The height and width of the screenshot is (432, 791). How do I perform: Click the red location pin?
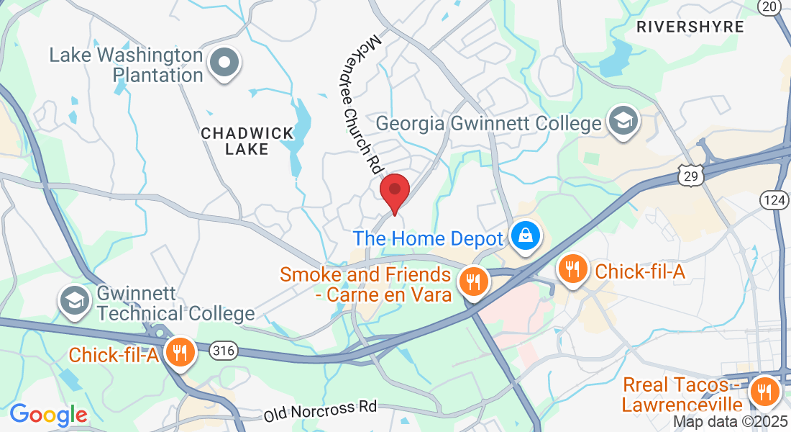click(x=394, y=192)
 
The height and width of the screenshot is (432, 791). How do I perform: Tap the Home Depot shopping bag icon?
click(x=526, y=235)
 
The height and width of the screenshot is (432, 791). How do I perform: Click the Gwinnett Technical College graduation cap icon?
click(x=75, y=301)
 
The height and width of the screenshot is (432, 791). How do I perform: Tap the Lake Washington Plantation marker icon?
click(x=224, y=63)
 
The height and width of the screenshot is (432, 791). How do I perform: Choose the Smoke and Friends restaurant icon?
click(x=472, y=281)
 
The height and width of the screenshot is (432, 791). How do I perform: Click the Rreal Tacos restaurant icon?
click(x=764, y=392)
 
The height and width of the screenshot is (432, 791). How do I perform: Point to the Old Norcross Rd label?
click(x=320, y=412)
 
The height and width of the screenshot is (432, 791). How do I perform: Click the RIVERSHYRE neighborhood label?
click(x=690, y=27)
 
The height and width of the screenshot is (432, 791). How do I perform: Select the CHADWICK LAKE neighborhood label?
click(x=247, y=141)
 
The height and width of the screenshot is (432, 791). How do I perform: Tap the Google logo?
click(x=48, y=415)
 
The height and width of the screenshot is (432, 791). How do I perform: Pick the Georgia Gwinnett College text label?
click(x=489, y=123)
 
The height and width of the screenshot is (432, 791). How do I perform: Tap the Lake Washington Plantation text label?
click(x=127, y=65)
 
